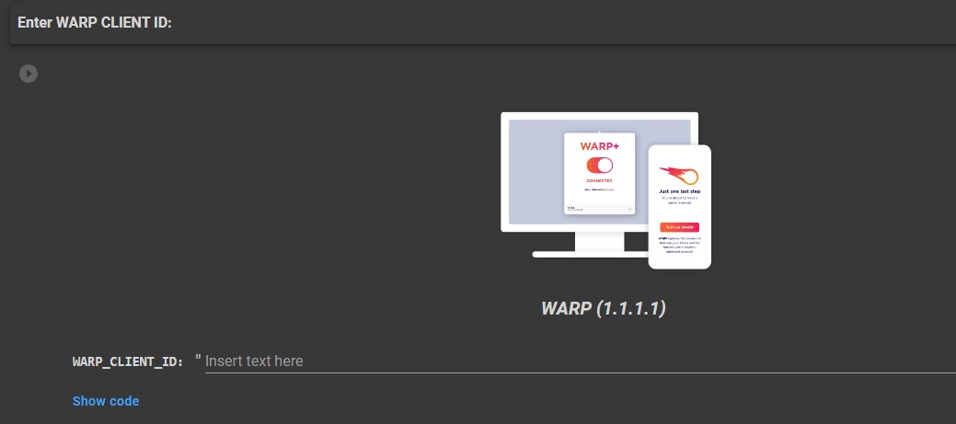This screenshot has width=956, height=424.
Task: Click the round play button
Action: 29,73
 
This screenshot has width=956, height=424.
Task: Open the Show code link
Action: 106,401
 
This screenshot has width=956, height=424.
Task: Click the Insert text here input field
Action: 552,361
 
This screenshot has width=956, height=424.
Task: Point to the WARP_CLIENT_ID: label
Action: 128,361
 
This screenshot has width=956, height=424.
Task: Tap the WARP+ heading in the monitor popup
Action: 599,146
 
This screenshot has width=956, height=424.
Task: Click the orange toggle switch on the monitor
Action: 599,166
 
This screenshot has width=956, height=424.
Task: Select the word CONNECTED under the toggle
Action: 599,181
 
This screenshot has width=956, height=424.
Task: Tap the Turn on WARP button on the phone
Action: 679,227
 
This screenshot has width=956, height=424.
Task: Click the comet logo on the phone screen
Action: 679,174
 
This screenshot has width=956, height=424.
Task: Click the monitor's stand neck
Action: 599,240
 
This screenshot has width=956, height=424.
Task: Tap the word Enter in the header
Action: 35,22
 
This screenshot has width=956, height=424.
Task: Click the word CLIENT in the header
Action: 126,22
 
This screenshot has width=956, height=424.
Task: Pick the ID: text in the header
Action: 163,22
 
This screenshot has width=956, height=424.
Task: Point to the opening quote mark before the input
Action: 198,359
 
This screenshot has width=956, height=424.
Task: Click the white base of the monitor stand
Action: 589,254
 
